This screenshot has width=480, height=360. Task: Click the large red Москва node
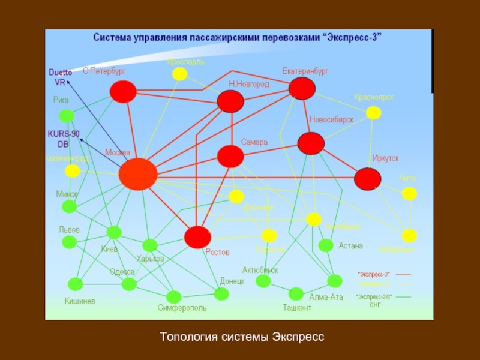138,174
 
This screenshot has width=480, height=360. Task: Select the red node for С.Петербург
124,91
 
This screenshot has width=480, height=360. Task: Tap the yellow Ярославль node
179,74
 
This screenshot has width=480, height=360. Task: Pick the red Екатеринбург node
302,88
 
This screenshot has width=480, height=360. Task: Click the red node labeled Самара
230,157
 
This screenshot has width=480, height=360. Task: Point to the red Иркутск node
367,178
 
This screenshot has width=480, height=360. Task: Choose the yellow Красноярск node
373,112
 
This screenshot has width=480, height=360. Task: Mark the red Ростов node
197,237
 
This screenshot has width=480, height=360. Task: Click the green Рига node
66,116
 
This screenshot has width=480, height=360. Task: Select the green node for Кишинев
76,284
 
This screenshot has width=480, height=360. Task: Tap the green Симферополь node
174,297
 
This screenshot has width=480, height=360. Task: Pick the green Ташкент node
296,294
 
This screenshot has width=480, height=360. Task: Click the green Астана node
326,245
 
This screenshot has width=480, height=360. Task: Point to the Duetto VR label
60,77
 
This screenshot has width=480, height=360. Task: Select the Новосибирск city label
331,119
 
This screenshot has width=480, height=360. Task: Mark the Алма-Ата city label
326,296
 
